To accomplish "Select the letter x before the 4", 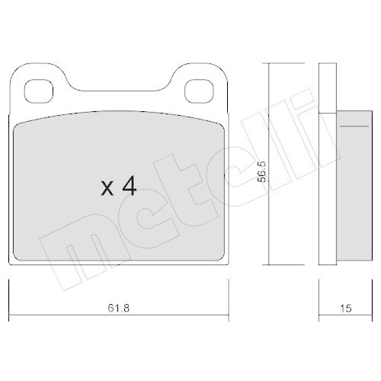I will click(108, 189).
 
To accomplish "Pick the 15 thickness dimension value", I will click(346, 309).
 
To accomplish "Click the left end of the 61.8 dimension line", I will click(8, 298).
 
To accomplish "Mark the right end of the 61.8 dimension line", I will click(229, 298).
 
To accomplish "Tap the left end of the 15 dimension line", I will click(319, 298).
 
